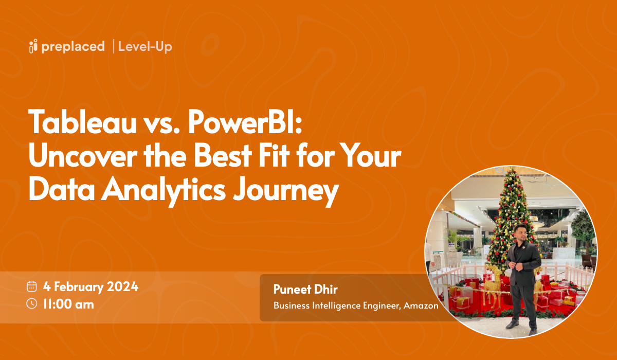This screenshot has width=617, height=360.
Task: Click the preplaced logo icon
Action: pyautogui.click(x=33, y=46)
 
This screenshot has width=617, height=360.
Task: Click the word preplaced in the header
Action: pyautogui.click(x=73, y=47)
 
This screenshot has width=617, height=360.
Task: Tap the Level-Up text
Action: pyautogui.click(x=145, y=47)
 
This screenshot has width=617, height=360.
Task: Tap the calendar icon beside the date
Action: pyautogui.click(x=32, y=287)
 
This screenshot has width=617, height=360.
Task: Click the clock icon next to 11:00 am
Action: pyautogui.click(x=32, y=303)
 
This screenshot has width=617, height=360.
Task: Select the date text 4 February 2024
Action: pyautogui.click(x=91, y=287)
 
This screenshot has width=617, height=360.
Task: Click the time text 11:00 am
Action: pyautogui.click(x=68, y=304)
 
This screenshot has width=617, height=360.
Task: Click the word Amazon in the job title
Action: pyautogui.click(x=421, y=305)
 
